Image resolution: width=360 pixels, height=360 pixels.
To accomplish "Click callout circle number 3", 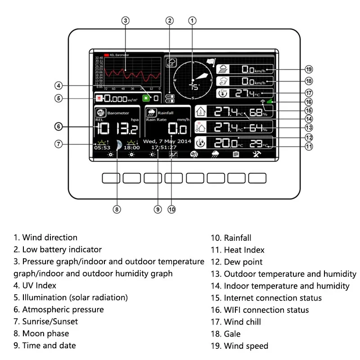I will (x=126, y=20).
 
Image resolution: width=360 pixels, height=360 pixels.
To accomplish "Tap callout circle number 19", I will (x=309, y=69).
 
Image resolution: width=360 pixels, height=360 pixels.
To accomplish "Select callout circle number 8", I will (x=117, y=209).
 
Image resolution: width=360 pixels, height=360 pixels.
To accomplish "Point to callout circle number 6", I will (x=58, y=126).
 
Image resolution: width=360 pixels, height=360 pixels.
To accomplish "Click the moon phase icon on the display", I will (x=118, y=145).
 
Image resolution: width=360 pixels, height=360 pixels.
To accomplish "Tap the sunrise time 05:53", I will (x=102, y=147).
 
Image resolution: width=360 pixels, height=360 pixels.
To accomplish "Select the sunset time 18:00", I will (x=132, y=147).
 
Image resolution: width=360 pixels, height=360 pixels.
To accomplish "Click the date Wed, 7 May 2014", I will (x=167, y=141).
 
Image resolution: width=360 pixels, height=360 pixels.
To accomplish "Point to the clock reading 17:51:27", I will (x=164, y=147).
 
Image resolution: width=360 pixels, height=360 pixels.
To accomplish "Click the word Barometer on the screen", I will (x=118, y=113).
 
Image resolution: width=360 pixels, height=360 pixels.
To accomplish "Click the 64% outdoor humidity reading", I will (x=256, y=127).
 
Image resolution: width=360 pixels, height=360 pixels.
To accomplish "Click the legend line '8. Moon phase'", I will (x=41, y=333).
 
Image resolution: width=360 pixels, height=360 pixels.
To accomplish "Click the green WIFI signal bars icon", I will (x=270, y=101).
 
